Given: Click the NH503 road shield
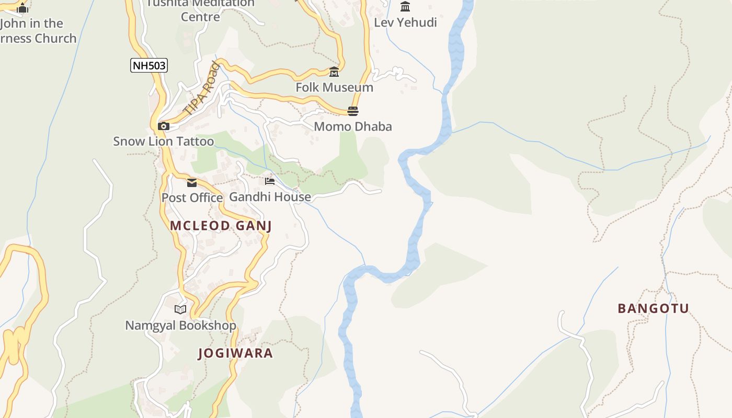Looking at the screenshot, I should (x=149, y=65).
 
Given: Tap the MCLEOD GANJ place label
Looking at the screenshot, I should (x=221, y=226).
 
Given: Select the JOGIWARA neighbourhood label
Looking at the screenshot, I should (x=235, y=353).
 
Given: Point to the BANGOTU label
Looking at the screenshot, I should (x=654, y=308).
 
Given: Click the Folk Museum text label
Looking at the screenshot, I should (x=335, y=87).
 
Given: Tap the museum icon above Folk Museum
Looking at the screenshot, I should (x=334, y=72).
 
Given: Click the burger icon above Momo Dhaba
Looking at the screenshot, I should (x=353, y=111).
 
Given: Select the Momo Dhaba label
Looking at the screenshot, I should (x=353, y=126).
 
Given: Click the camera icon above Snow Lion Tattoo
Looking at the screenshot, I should (x=164, y=126).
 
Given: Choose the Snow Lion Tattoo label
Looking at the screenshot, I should (x=164, y=141).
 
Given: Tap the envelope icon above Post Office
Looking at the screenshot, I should (x=192, y=182).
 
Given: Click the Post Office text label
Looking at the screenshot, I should (x=192, y=198).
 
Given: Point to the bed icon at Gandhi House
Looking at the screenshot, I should (x=270, y=181).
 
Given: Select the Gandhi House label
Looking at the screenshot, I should (x=270, y=197).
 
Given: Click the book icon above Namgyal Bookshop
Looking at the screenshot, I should (x=180, y=309).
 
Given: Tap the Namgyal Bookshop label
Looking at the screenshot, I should (x=180, y=326).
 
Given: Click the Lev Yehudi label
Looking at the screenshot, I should (x=405, y=22).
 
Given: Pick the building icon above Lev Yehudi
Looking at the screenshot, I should (x=405, y=7).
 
